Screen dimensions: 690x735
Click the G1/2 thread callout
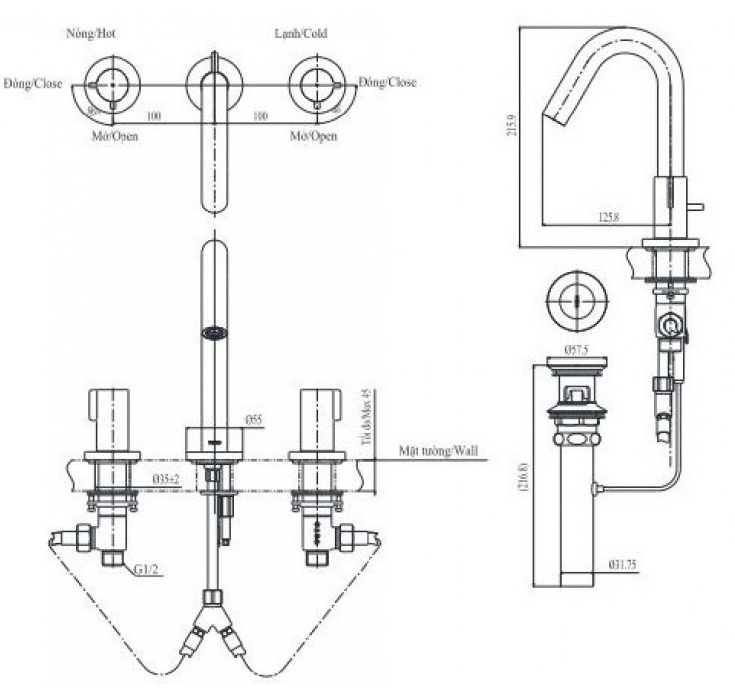tap(146, 572)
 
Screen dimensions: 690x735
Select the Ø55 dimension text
tap(254, 420)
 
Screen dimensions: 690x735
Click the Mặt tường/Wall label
tap(438, 451)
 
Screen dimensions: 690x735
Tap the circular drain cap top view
tap(574, 298)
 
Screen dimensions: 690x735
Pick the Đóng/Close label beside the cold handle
tap(388, 82)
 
